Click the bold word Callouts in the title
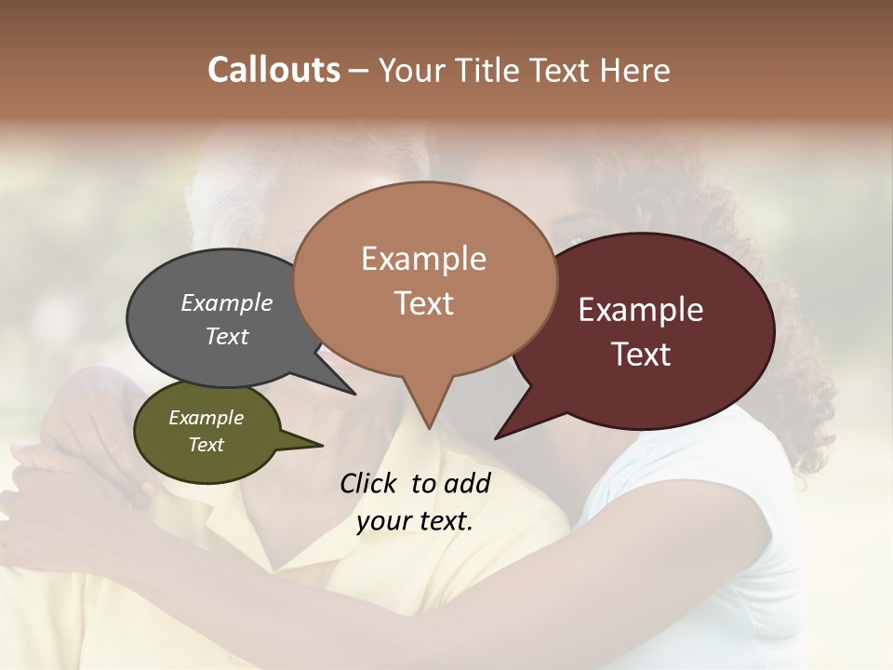[x=273, y=70]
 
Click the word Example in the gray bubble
[x=226, y=302]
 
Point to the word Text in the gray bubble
[x=226, y=336]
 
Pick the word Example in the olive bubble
[x=206, y=418]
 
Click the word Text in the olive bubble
[x=206, y=445]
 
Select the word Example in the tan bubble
[x=423, y=259]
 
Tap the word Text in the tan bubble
[x=423, y=303]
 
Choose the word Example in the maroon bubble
[x=641, y=310]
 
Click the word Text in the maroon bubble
[x=641, y=355]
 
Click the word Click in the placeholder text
[x=370, y=483]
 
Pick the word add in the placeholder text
[x=468, y=483]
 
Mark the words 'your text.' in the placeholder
[x=414, y=521]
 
